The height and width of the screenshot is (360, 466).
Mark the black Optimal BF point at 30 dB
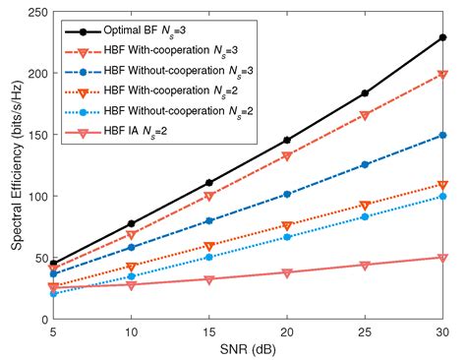pyautogui.click(x=443, y=36)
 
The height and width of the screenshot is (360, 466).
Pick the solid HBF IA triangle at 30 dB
pyautogui.click(x=443, y=258)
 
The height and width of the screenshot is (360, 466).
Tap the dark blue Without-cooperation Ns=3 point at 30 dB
pyautogui.click(x=443, y=135)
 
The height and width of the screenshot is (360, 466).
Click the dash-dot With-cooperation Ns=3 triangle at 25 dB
pyautogui.click(x=365, y=115)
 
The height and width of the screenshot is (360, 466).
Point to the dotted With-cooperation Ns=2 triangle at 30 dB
pyautogui.click(x=443, y=185)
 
